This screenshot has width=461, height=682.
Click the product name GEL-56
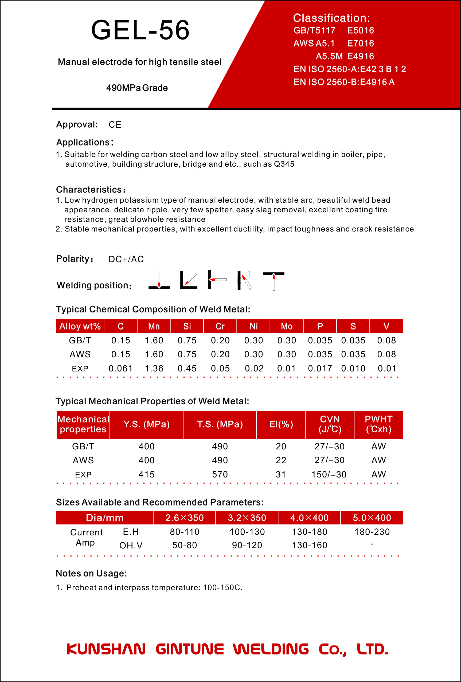pyautogui.click(x=140, y=30)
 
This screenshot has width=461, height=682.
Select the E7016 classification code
pyautogui.click(x=360, y=44)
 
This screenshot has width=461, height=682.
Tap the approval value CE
pyautogui.click(x=115, y=125)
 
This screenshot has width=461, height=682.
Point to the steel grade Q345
pyautogui.click(x=284, y=164)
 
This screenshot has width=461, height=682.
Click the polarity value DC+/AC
pyautogui.click(x=126, y=259)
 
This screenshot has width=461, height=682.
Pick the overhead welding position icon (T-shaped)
pyautogui.click(x=274, y=281)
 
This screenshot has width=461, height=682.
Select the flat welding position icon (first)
pyautogui.click(x=159, y=280)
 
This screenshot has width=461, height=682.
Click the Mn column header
pyautogui.click(x=154, y=326)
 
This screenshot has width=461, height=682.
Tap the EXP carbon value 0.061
pyautogui.click(x=121, y=369)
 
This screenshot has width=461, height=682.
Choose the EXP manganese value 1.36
pyautogui.click(x=154, y=369)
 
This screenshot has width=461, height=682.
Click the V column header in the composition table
pyautogui.click(x=386, y=326)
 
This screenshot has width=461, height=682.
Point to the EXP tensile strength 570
pyautogui.click(x=220, y=475)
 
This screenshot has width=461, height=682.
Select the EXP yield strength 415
pyautogui.click(x=146, y=475)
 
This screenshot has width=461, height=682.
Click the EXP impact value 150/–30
pyautogui.click(x=329, y=475)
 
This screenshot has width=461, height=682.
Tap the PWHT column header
pyautogui.click(x=378, y=424)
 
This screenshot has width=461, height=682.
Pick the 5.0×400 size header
pyautogui.click(x=372, y=518)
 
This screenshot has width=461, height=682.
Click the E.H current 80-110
pyautogui.click(x=185, y=532)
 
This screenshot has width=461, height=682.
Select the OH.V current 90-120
pyautogui.click(x=247, y=545)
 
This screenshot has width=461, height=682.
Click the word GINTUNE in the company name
pyautogui.click(x=190, y=649)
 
